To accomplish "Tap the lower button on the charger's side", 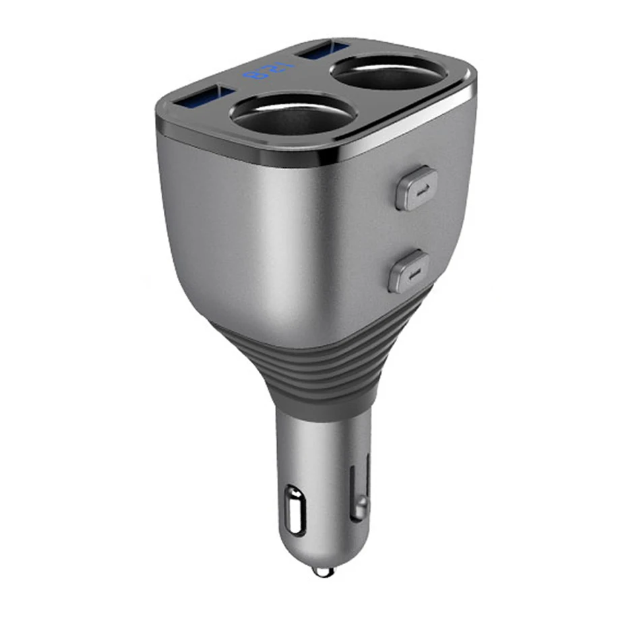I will tap(409, 271).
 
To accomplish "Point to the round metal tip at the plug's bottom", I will tap(324, 571).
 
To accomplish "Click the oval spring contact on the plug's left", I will tap(295, 509).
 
